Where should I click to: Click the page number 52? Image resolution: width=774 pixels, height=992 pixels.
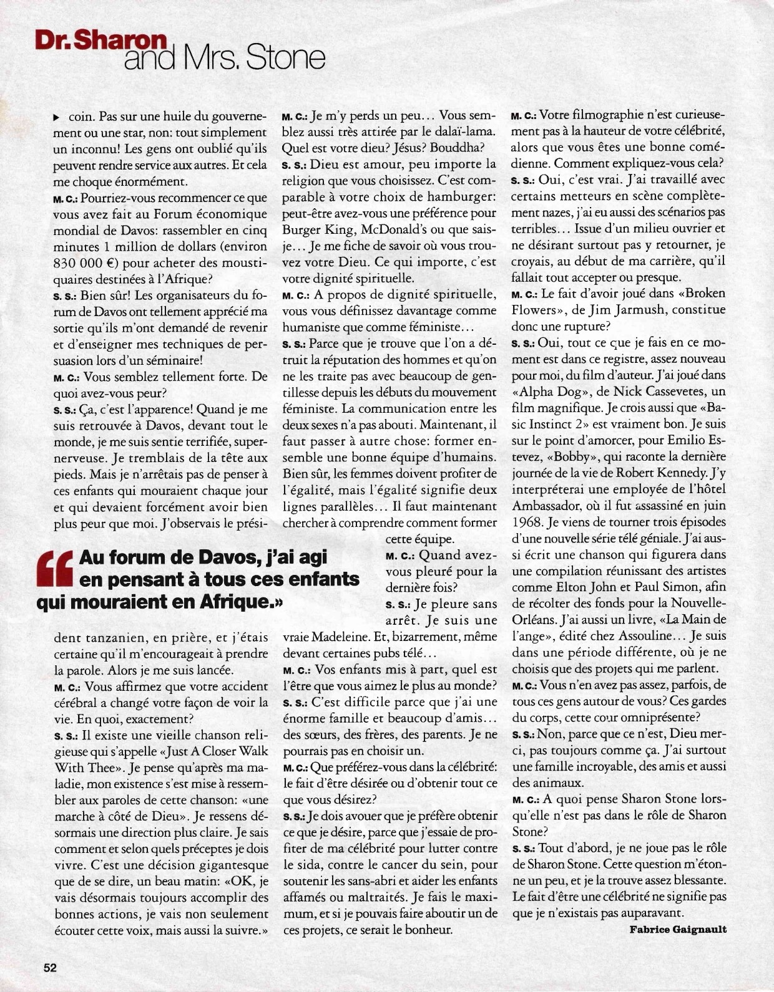coord(50,968)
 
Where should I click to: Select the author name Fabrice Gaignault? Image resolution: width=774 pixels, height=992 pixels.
coord(678,929)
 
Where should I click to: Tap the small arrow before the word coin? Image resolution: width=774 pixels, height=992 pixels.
coord(57,117)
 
